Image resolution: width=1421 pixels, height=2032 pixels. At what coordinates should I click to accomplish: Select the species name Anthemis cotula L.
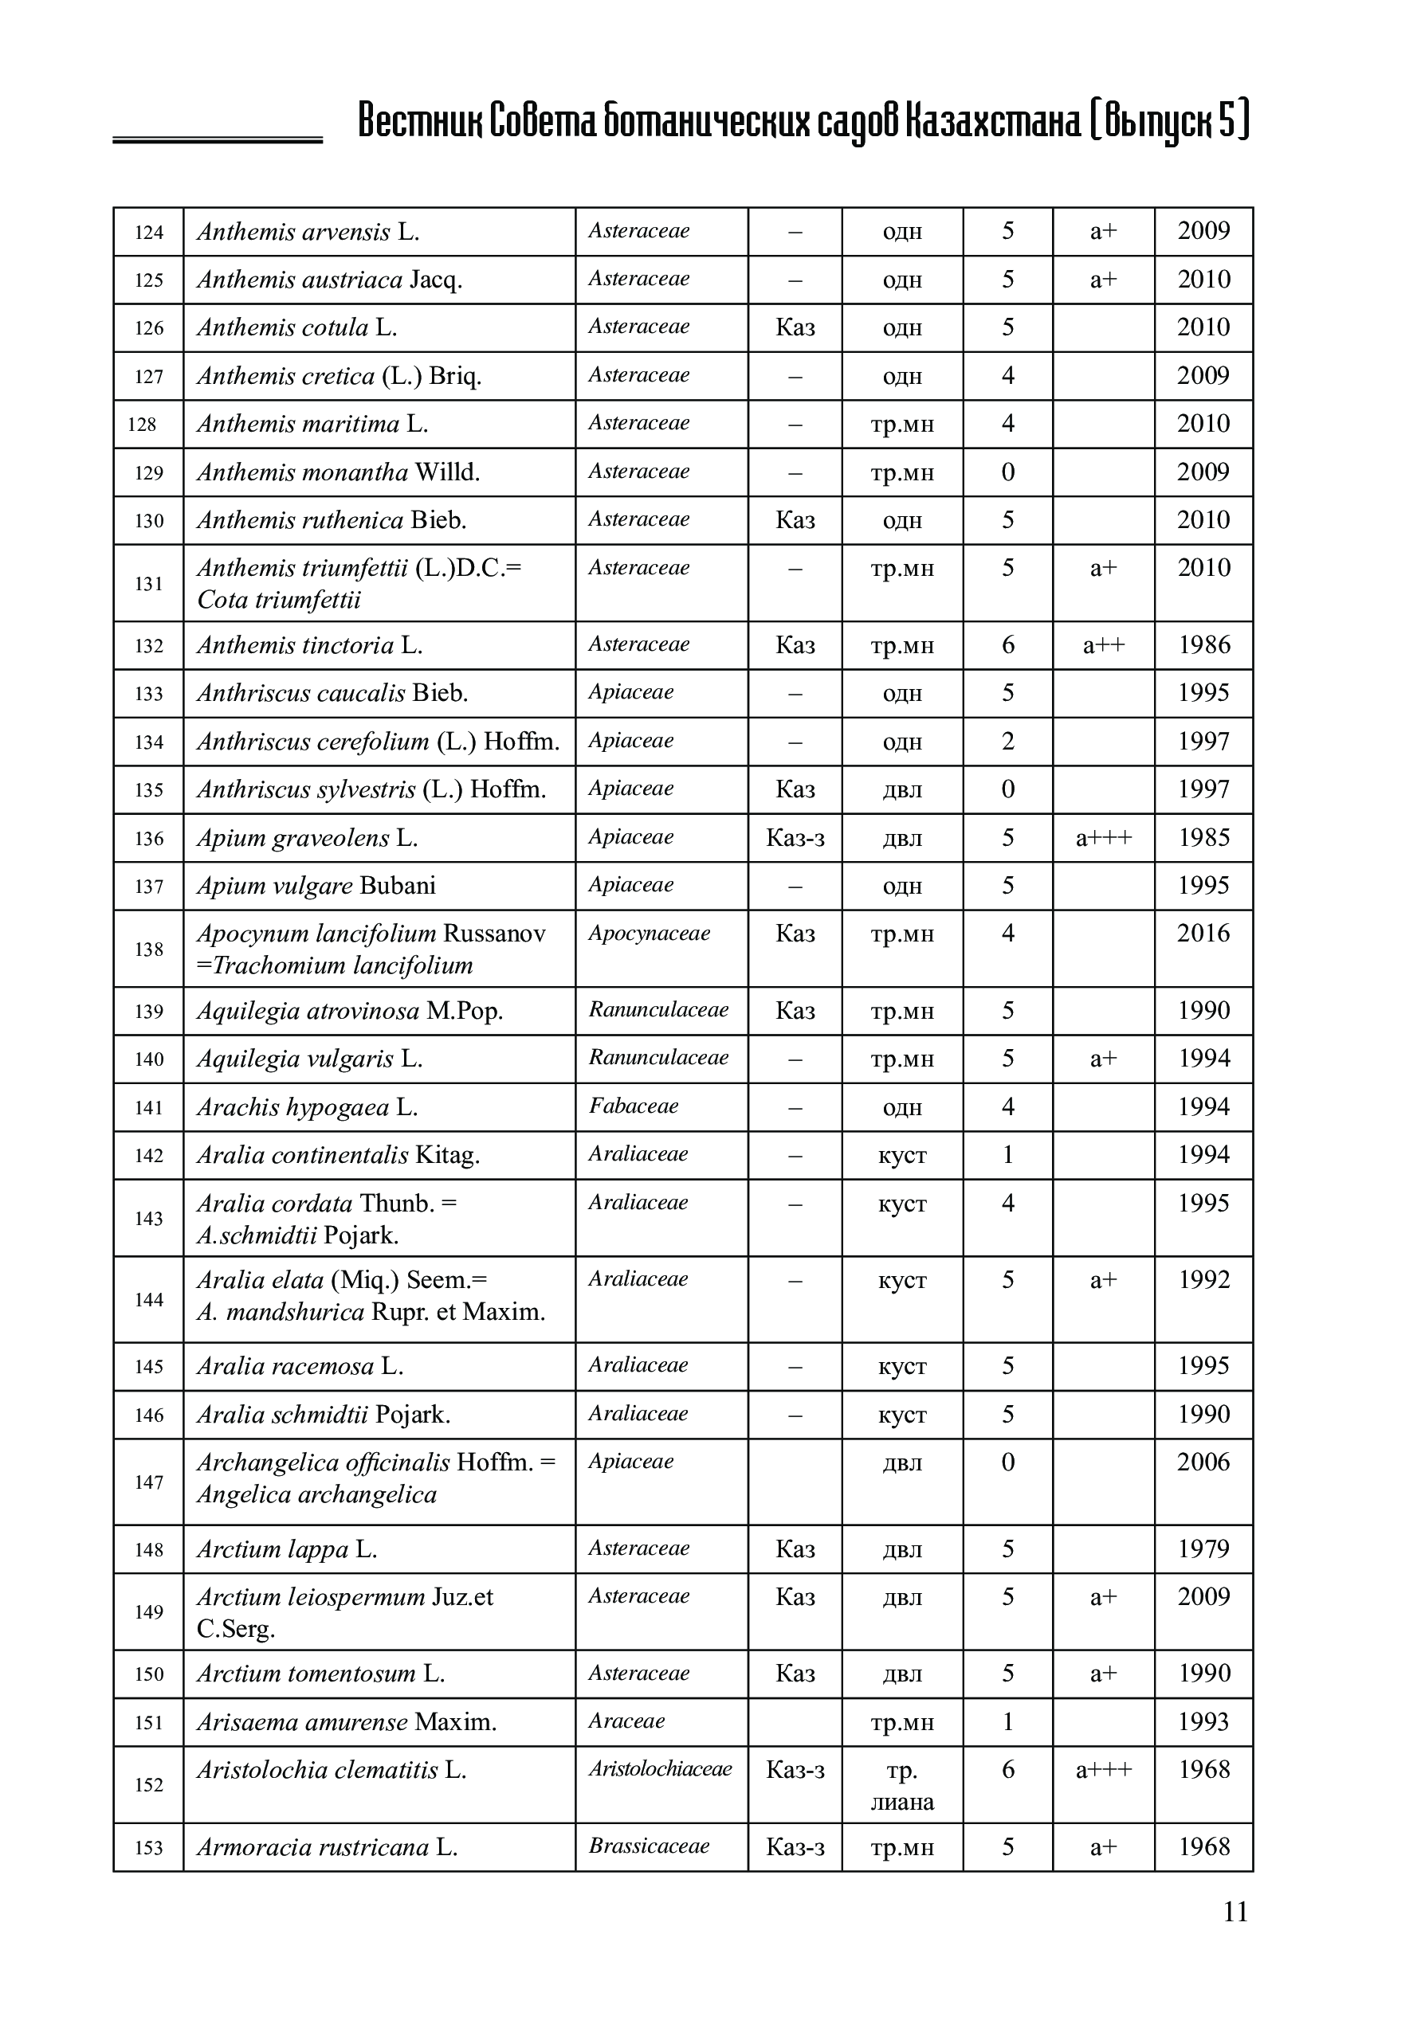296,327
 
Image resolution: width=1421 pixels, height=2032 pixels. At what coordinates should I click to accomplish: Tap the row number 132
149,646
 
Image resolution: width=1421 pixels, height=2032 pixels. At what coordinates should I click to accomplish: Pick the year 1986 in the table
1203,645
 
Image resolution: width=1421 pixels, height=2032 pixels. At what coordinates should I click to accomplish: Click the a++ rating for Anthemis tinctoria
1103,645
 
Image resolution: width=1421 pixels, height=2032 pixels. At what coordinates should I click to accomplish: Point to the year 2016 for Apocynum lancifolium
1203,933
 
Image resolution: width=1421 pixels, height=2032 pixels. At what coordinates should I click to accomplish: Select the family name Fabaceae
633,1106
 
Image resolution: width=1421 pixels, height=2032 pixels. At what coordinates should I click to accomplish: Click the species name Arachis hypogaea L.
306,1107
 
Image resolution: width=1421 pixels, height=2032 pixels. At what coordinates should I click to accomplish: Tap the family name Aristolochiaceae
661,1768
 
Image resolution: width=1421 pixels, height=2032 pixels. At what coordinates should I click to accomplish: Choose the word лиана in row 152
901,1802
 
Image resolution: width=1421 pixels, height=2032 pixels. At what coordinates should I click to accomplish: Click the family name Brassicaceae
649,1846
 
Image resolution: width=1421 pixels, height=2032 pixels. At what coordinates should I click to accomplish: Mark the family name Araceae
626,1721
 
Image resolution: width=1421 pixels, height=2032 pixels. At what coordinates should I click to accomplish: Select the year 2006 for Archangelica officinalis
1203,1462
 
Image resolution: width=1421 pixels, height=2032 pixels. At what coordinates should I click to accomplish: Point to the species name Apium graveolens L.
306,837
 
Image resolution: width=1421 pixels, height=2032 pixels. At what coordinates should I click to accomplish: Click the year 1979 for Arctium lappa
1203,1548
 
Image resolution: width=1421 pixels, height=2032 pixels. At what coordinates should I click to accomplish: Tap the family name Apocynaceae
649,934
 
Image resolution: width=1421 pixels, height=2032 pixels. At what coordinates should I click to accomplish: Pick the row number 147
149,1482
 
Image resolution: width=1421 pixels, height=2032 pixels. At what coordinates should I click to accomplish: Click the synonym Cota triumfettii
279,600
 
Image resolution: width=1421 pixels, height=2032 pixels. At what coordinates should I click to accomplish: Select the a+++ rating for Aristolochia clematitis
1103,1769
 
